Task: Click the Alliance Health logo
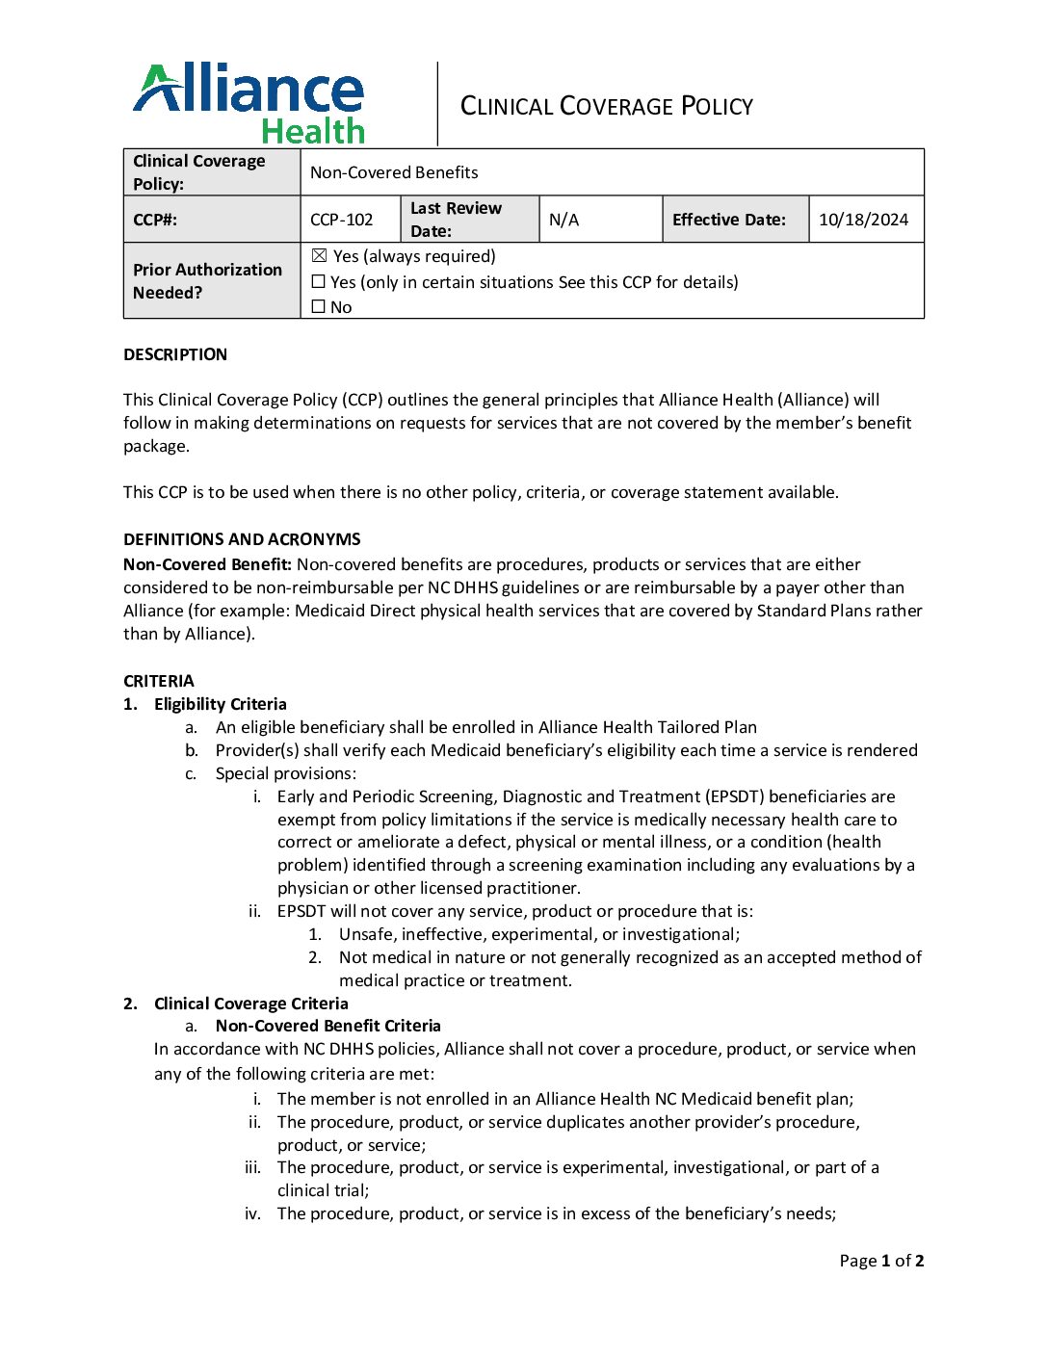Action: pos(249,103)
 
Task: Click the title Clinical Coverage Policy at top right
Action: pos(606,106)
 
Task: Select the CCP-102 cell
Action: pos(342,220)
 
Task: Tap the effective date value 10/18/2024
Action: pos(863,220)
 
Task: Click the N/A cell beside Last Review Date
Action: pos(564,220)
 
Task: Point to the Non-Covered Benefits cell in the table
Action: pos(394,172)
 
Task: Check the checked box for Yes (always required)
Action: pos(320,256)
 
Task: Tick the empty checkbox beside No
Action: pos(319,307)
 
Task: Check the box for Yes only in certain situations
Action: pos(319,282)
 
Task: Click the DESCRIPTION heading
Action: pos(175,354)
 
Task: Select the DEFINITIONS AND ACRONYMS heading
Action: pos(242,539)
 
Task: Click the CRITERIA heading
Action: pos(159,681)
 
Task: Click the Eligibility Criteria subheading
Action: pos(221,704)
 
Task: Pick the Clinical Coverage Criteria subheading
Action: pos(251,1004)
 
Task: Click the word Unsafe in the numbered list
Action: pos(367,934)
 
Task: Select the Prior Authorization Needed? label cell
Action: pos(208,281)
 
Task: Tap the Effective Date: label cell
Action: pos(729,220)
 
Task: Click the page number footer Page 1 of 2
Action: pos(881,1261)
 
